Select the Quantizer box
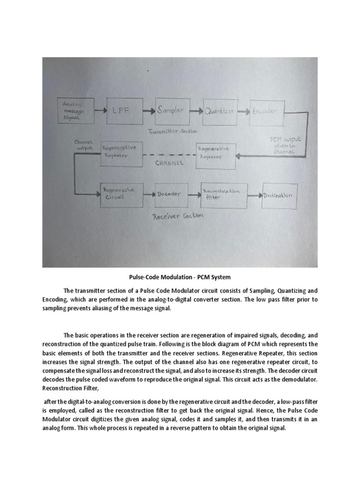[x=219, y=112]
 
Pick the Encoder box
[x=265, y=112]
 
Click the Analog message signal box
[x=75, y=111]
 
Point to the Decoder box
[x=171, y=194]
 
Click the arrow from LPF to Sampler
[x=147, y=112]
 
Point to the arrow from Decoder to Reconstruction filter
[x=195, y=194]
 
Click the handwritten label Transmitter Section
[x=172, y=132]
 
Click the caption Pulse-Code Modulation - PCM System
[x=180, y=277]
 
